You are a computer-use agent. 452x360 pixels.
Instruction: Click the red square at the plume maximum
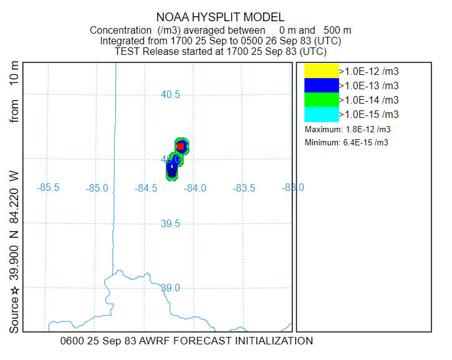click(x=181, y=147)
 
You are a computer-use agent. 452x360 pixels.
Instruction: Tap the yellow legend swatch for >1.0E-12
click(x=321, y=71)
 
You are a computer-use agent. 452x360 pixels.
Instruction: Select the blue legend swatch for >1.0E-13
click(x=321, y=85)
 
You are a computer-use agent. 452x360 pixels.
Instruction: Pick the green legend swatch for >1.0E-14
click(x=321, y=99)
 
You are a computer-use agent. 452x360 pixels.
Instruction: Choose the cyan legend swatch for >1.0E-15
click(x=321, y=114)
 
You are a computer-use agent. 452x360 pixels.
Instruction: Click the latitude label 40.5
click(x=170, y=95)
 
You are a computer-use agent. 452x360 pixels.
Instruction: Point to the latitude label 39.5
click(x=170, y=223)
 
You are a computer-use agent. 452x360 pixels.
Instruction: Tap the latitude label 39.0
click(x=170, y=288)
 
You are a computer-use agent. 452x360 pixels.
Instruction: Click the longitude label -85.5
click(x=48, y=188)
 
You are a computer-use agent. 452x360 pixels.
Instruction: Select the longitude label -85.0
click(x=97, y=188)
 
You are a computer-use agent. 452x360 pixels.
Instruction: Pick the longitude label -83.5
click(x=244, y=188)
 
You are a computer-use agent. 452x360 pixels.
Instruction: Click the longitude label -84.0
click(x=195, y=188)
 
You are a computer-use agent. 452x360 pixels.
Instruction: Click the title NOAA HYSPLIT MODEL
click(x=221, y=17)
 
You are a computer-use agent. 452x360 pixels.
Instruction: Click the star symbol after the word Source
click(x=14, y=290)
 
